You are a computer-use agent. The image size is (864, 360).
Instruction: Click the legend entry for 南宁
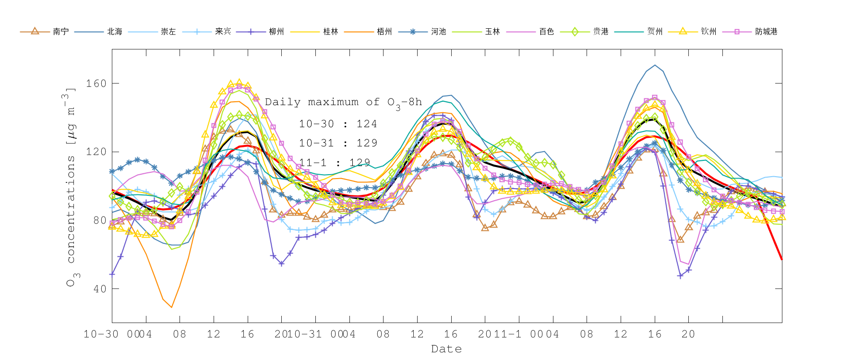pos(60,32)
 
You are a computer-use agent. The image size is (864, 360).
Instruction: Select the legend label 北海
pos(115,32)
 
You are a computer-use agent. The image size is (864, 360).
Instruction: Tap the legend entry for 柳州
pos(276,32)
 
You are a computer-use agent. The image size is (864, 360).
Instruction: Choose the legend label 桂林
pos(331,32)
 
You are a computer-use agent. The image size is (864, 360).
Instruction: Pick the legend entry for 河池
pos(438,32)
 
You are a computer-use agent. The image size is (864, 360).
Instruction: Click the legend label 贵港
pos(600,32)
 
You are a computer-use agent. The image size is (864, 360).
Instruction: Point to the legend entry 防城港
pos(766,32)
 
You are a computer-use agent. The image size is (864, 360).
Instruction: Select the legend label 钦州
pos(708,32)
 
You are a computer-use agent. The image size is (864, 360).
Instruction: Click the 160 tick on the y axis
pos(96,84)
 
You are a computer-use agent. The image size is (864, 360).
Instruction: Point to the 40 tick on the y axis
pos(99,289)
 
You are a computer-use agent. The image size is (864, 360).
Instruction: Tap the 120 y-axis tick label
pos(96,152)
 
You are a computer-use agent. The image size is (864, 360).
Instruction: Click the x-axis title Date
pos(446,349)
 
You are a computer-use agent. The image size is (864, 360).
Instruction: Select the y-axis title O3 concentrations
pos(71,187)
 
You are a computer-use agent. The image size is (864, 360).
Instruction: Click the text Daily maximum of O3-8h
pos(343,103)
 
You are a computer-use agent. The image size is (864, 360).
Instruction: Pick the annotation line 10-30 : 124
pos(338,124)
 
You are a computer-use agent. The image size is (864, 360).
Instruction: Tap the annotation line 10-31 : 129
pos(338,143)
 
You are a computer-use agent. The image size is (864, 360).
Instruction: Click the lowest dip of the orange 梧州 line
pos(171,307)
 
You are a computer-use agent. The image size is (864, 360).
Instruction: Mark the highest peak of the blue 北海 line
pos(655,65)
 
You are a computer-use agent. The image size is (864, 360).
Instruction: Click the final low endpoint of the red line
pos(781,260)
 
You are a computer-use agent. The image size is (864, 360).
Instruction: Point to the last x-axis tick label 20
pos(688,334)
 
